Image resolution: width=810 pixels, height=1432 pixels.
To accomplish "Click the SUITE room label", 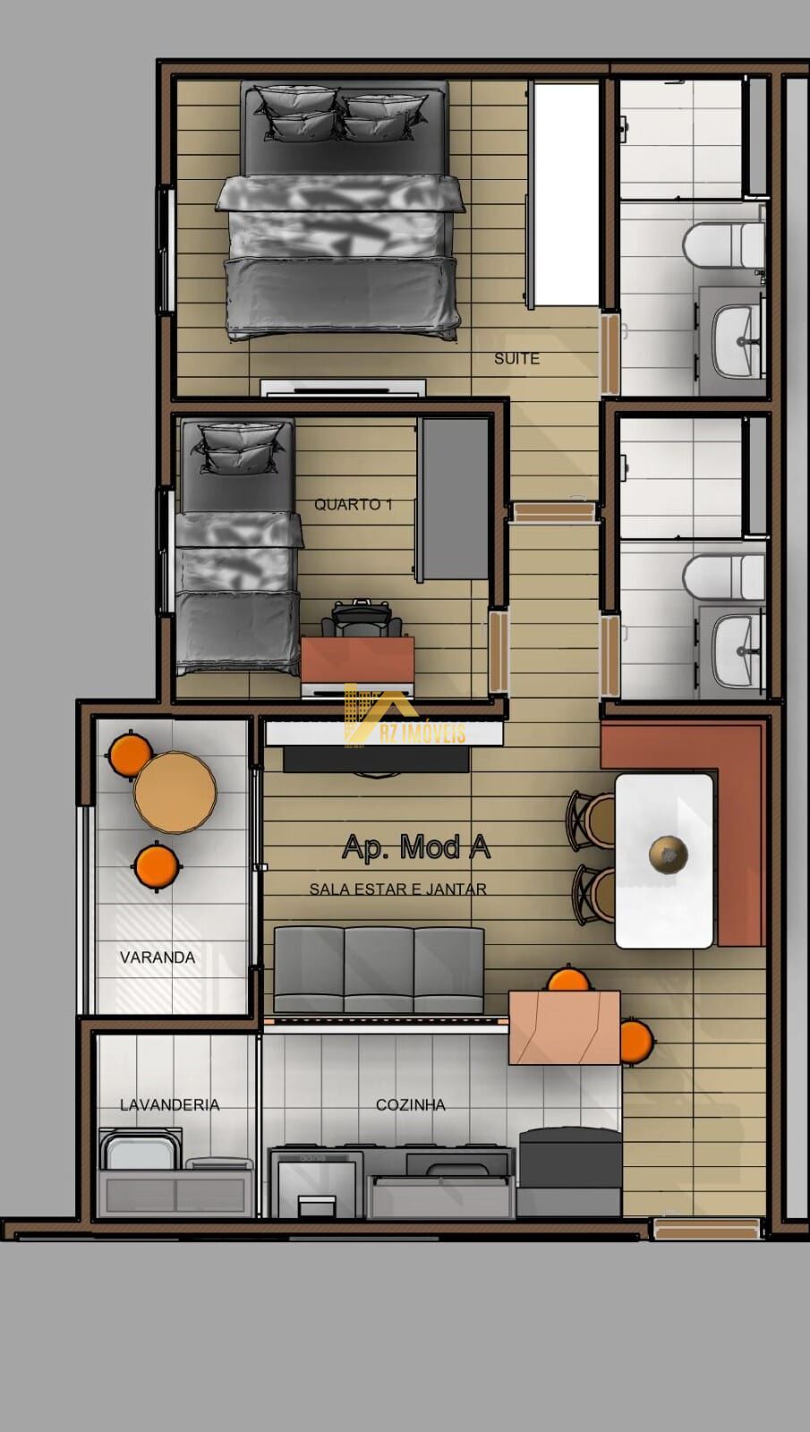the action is [516, 359].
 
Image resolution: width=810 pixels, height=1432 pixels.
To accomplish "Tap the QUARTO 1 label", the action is [353, 505].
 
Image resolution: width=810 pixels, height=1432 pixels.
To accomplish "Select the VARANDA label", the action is [158, 957].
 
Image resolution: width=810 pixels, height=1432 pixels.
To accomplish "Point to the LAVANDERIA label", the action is [170, 1104].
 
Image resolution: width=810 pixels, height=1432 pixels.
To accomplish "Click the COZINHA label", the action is [411, 1104].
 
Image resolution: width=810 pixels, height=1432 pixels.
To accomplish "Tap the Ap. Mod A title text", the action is [416, 847].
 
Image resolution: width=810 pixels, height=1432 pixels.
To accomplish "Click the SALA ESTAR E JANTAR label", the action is [397, 889].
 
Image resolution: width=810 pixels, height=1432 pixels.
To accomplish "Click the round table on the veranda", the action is [175, 792].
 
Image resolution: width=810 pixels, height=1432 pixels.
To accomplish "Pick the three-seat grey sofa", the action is [379, 970].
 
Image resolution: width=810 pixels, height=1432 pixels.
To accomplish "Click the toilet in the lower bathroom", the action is [724, 575].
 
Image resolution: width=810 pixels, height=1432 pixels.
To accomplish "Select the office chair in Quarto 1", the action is [362, 619].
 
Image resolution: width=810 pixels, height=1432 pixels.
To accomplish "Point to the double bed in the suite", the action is [341, 211].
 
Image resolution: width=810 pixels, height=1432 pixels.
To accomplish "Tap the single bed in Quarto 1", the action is [238, 547].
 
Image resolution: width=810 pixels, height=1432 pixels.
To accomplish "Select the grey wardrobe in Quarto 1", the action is [453, 499].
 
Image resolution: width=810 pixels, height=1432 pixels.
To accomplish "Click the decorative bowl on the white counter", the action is [668, 854].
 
